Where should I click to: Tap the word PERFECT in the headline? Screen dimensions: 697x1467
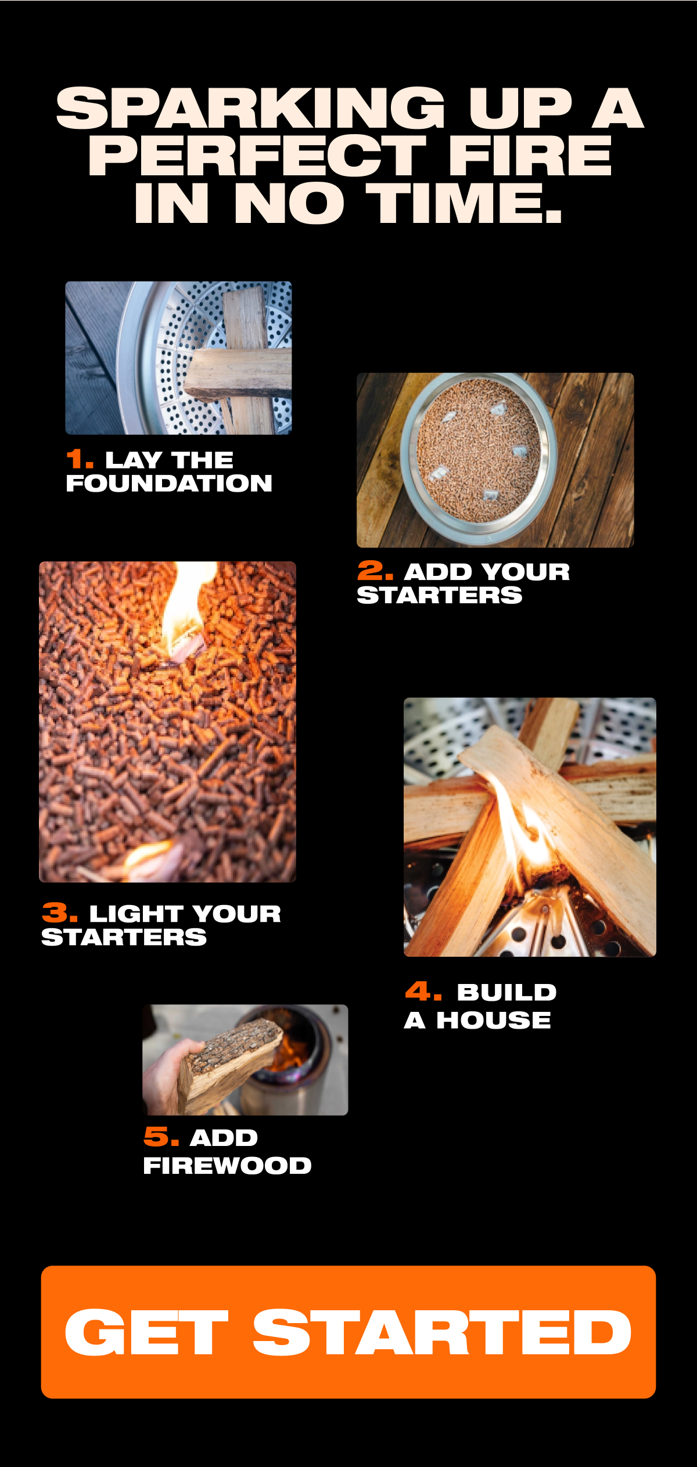(257, 155)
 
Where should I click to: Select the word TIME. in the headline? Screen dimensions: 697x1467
(467, 203)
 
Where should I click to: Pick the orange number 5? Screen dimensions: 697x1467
(161, 1136)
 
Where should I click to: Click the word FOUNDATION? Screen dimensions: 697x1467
(169, 483)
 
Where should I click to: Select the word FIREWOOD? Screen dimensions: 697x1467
(228, 1165)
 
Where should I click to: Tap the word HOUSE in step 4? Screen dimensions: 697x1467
(494, 1020)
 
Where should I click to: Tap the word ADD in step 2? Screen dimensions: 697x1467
(438, 572)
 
